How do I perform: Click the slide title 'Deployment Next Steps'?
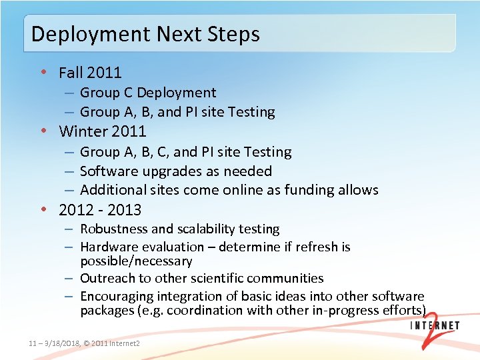pyautogui.click(x=145, y=34)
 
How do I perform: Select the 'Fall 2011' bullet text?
pyautogui.click(x=90, y=72)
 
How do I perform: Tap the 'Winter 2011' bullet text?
pyautogui.click(x=102, y=131)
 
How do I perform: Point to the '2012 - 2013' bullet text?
pyautogui.click(x=100, y=210)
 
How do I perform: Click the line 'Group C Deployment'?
pyautogui.click(x=148, y=93)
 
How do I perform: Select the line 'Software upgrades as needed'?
pyautogui.click(x=176, y=171)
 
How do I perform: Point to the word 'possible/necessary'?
pyautogui.click(x=136, y=261)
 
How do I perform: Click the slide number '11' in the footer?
pyautogui.click(x=33, y=343)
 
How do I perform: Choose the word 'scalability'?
pyautogui.click(x=203, y=229)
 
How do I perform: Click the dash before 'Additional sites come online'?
pyautogui.click(x=69, y=190)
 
